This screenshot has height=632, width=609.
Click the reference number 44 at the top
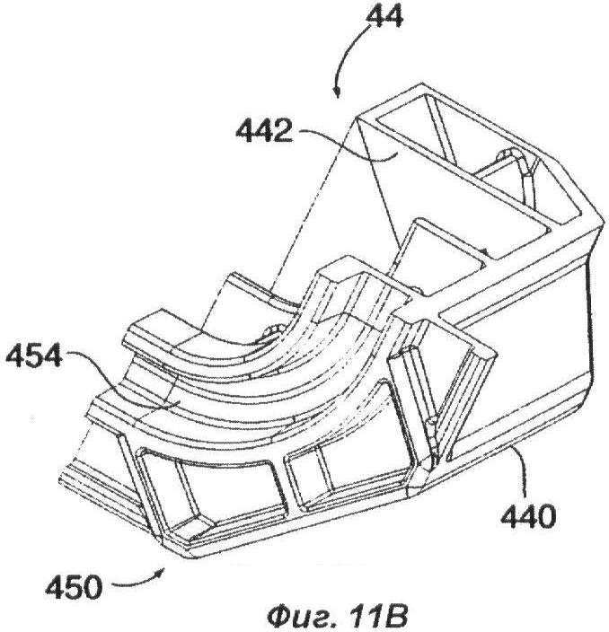tap(384, 18)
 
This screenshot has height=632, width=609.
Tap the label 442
tap(264, 132)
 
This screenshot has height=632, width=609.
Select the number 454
tap(34, 355)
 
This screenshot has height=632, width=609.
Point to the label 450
tap(74, 587)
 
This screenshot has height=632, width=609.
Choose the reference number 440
tap(528, 516)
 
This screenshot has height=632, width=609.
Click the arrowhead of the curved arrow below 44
tap(337, 92)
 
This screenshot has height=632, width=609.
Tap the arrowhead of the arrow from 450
tap(162, 573)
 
